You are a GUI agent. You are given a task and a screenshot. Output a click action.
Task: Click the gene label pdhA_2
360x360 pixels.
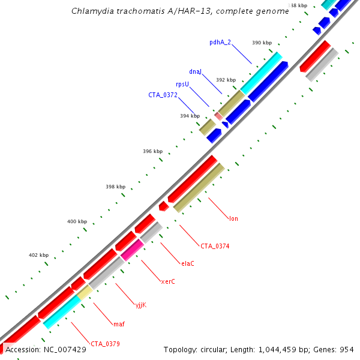click(x=220, y=42)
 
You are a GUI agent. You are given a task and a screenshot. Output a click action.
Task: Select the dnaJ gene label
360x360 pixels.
click(x=195, y=71)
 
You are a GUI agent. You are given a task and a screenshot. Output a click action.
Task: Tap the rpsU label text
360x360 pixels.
click(x=182, y=85)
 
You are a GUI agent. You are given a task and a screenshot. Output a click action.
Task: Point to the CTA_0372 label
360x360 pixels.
click(x=163, y=95)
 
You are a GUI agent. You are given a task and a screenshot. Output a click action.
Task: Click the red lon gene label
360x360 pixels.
click(x=233, y=218)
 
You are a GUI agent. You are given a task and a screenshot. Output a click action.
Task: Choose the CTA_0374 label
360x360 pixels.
click(x=215, y=246)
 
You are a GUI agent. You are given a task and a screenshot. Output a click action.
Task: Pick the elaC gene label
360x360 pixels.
click(x=188, y=263)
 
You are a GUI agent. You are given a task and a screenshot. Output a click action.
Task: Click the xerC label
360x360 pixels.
click(x=168, y=281)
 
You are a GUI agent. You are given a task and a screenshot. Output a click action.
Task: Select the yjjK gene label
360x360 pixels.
click(x=140, y=305)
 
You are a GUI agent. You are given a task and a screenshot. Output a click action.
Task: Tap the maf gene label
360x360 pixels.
click(x=119, y=324)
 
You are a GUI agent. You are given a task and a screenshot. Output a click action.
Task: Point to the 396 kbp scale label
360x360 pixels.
click(x=153, y=152)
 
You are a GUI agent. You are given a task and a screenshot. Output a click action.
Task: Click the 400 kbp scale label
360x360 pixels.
click(x=77, y=222)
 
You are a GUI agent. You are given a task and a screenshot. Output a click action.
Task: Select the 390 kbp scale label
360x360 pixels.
click(x=262, y=43)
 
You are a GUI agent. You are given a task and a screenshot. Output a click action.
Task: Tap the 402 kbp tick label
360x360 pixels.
click(x=38, y=256)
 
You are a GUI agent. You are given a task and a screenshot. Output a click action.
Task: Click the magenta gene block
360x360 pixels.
click(x=131, y=250)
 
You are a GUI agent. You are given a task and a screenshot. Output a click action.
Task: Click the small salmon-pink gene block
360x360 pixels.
click(x=218, y=115)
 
